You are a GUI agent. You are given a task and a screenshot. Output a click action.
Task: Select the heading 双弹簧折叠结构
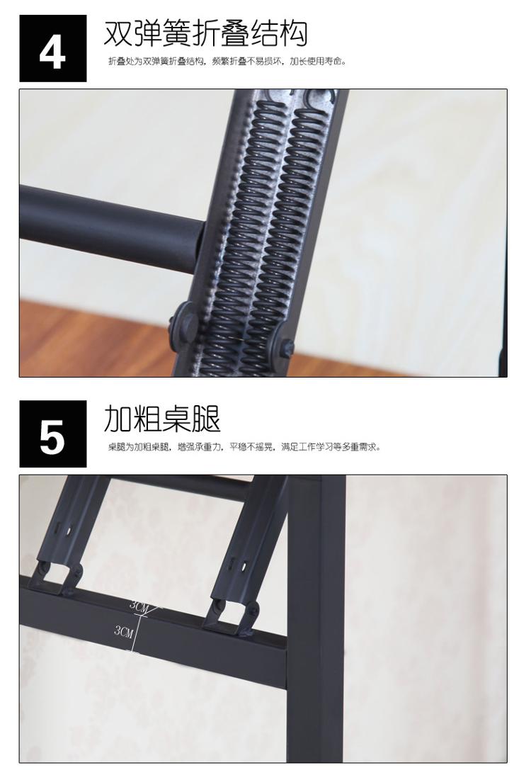(205, 33)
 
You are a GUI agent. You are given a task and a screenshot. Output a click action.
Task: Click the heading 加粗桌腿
(162, 419)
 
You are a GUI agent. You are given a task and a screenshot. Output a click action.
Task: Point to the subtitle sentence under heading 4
(227, 62)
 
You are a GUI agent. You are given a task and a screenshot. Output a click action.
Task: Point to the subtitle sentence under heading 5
(244, 447)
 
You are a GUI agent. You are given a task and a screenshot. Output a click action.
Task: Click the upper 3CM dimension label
(139, 605)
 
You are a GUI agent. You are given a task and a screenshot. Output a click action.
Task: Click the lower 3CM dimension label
(124, 630)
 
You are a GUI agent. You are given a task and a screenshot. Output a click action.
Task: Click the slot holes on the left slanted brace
(64, 531)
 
